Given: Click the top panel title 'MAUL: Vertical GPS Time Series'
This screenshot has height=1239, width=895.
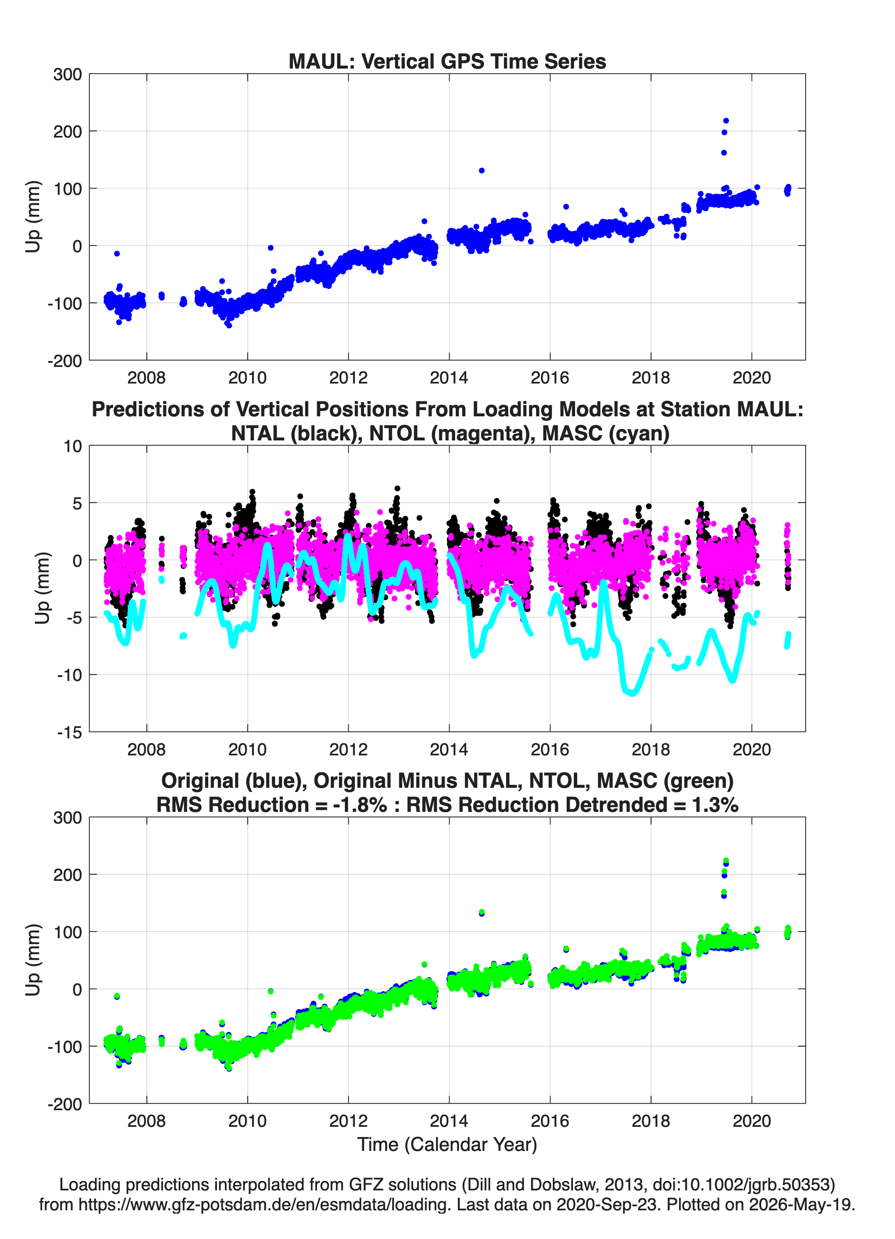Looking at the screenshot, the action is pyautogui.click(x=447, y=61).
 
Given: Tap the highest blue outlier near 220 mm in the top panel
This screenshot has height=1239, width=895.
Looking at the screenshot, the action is pyautogui.click(x=725, y=121).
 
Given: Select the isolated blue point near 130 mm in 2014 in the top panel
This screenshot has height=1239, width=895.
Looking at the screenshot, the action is pyautogui.click(x=482, y=170).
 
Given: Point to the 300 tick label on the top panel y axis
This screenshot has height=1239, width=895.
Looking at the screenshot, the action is pyautogui.click(x=67, y=74).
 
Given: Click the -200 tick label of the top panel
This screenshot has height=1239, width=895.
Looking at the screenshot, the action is pyautogui.click(x=64, y=361).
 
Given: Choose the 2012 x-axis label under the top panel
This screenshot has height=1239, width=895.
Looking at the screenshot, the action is pyautogui.click(x=348, y=378).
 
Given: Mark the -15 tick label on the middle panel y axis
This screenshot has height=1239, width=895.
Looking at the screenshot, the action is pyautogui.click(x=69, y=732).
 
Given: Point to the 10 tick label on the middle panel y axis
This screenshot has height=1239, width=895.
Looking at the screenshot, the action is pyautogui.click(x=73, y=446).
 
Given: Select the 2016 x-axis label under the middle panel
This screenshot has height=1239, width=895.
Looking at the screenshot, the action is pyautogui.click(x=550, y=749).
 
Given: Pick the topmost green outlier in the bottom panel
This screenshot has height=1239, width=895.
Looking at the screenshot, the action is pyautogui.click(x=725, y=861).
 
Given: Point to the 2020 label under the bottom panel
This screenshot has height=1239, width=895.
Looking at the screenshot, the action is pyautogui.click(x=751, y=1121).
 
